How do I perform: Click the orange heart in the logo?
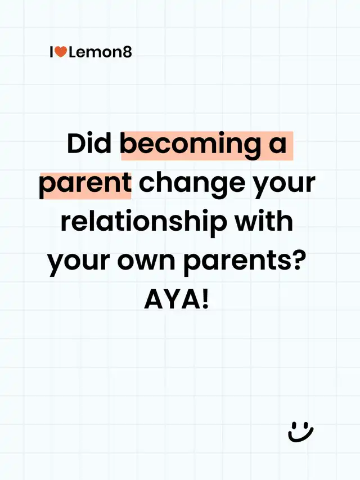coord(61,52)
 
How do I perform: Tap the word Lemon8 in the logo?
coord(100,52)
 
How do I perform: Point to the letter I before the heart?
coord(52,52)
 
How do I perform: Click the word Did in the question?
coord(89,143)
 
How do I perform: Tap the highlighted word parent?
coord(85,186)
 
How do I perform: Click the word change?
coord(193,186)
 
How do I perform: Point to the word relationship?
coord(143,224)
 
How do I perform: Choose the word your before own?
coord(78,263)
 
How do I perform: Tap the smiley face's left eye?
coord(293,425)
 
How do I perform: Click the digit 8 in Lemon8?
coord(127,52)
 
